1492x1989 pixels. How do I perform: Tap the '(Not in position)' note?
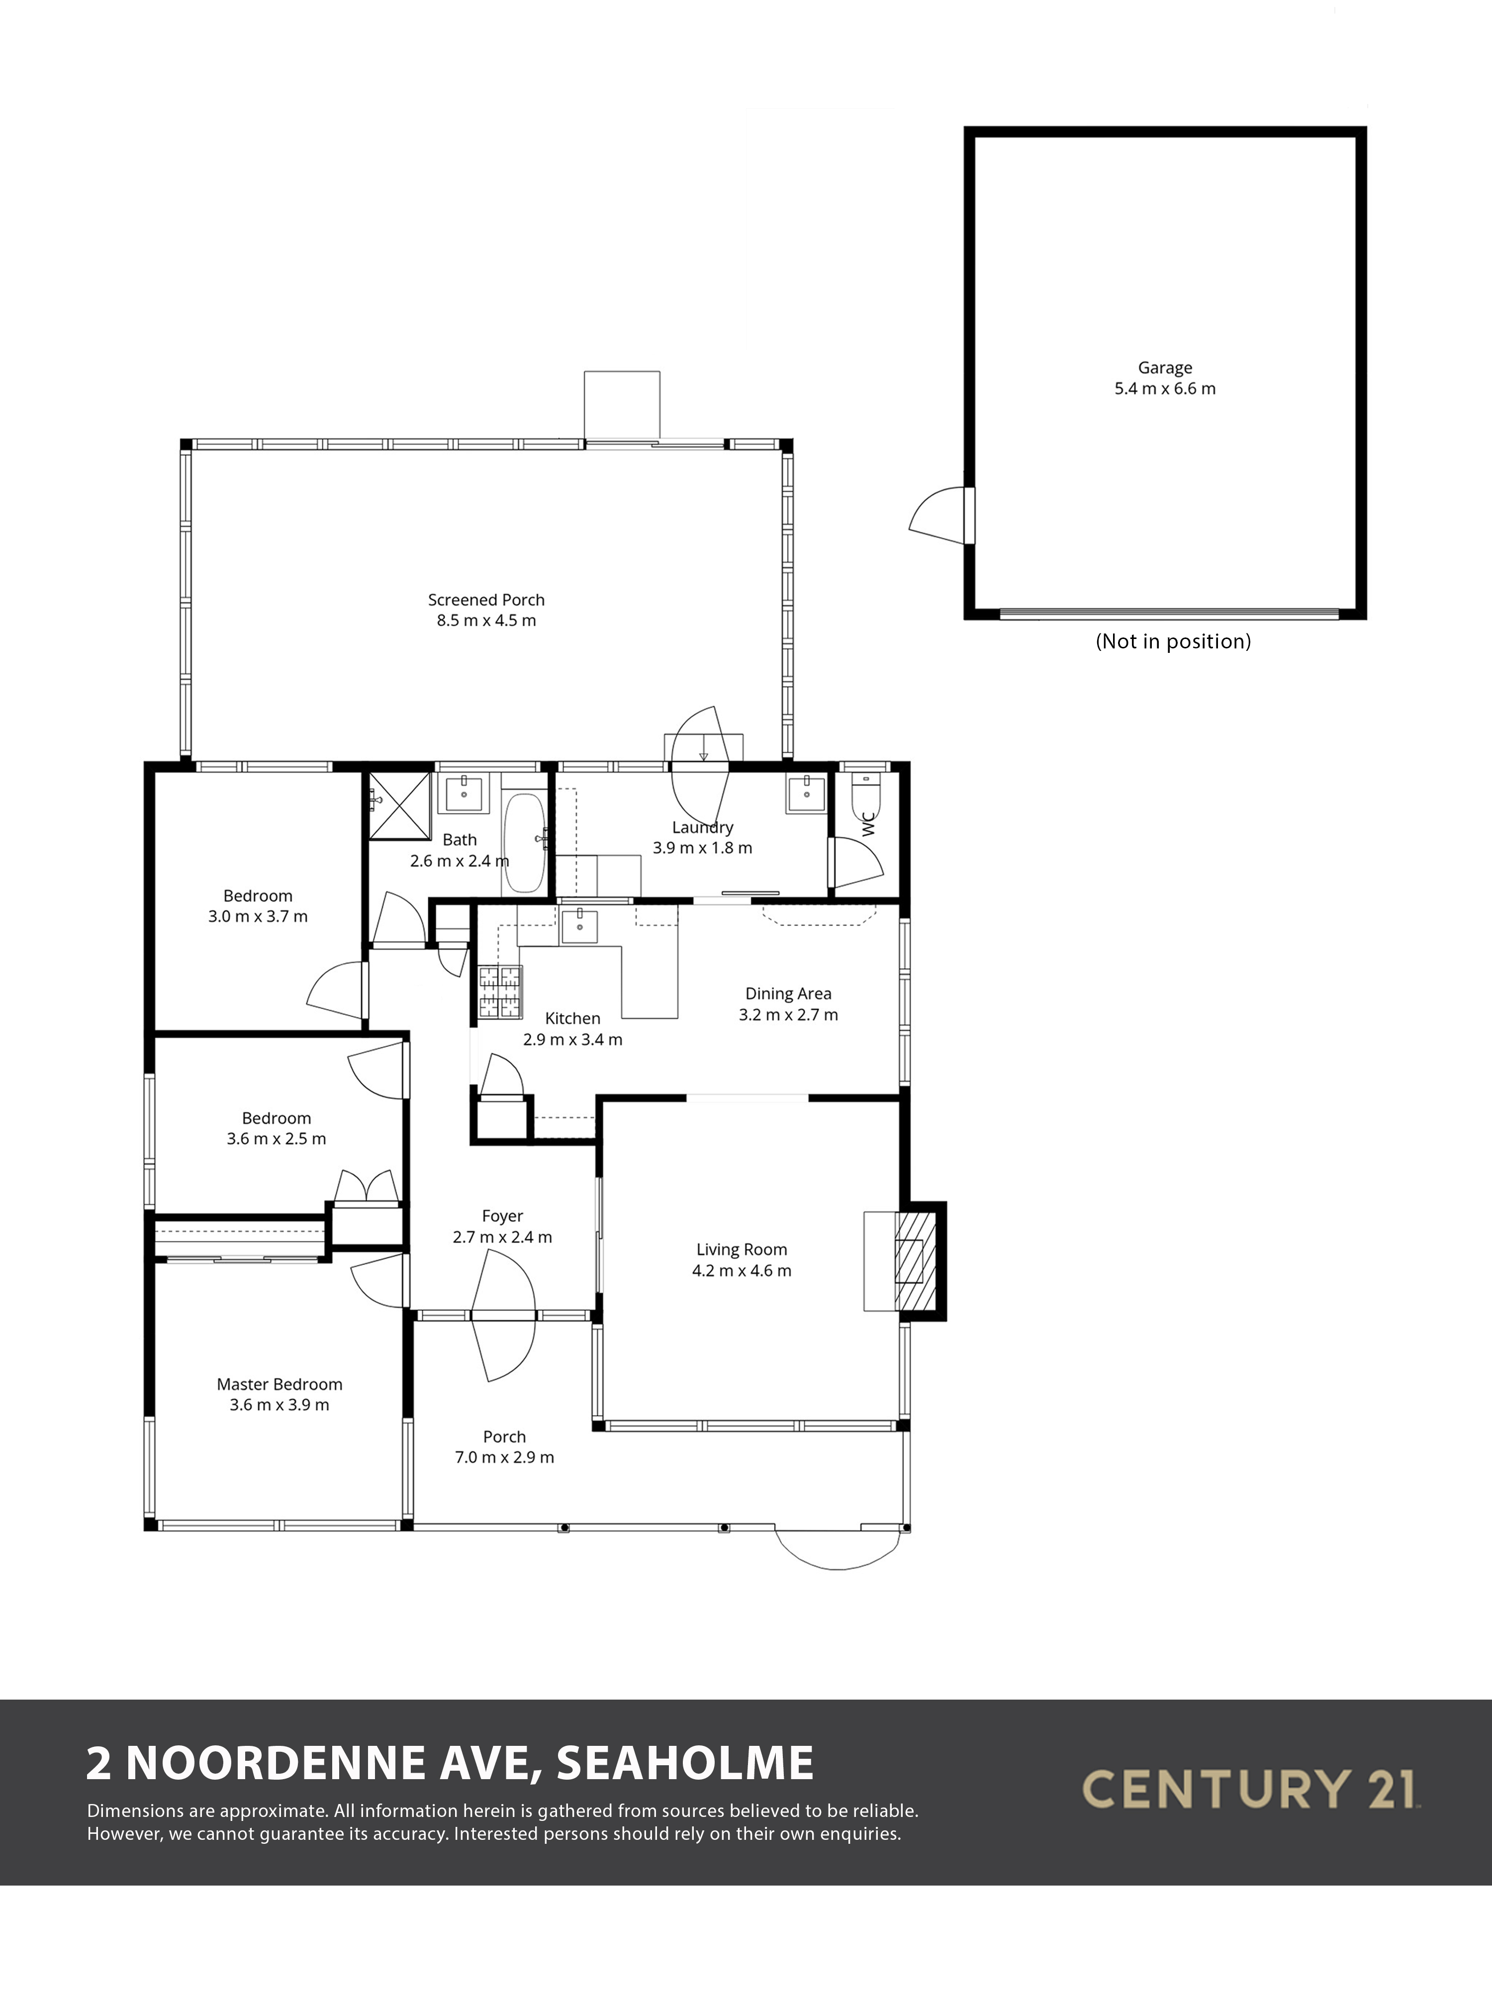pos(1173,641)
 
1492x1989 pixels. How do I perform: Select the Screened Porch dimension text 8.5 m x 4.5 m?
pos(486,621)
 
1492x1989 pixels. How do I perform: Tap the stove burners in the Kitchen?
pos(500,992)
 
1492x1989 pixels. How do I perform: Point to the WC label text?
pos(868,824)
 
